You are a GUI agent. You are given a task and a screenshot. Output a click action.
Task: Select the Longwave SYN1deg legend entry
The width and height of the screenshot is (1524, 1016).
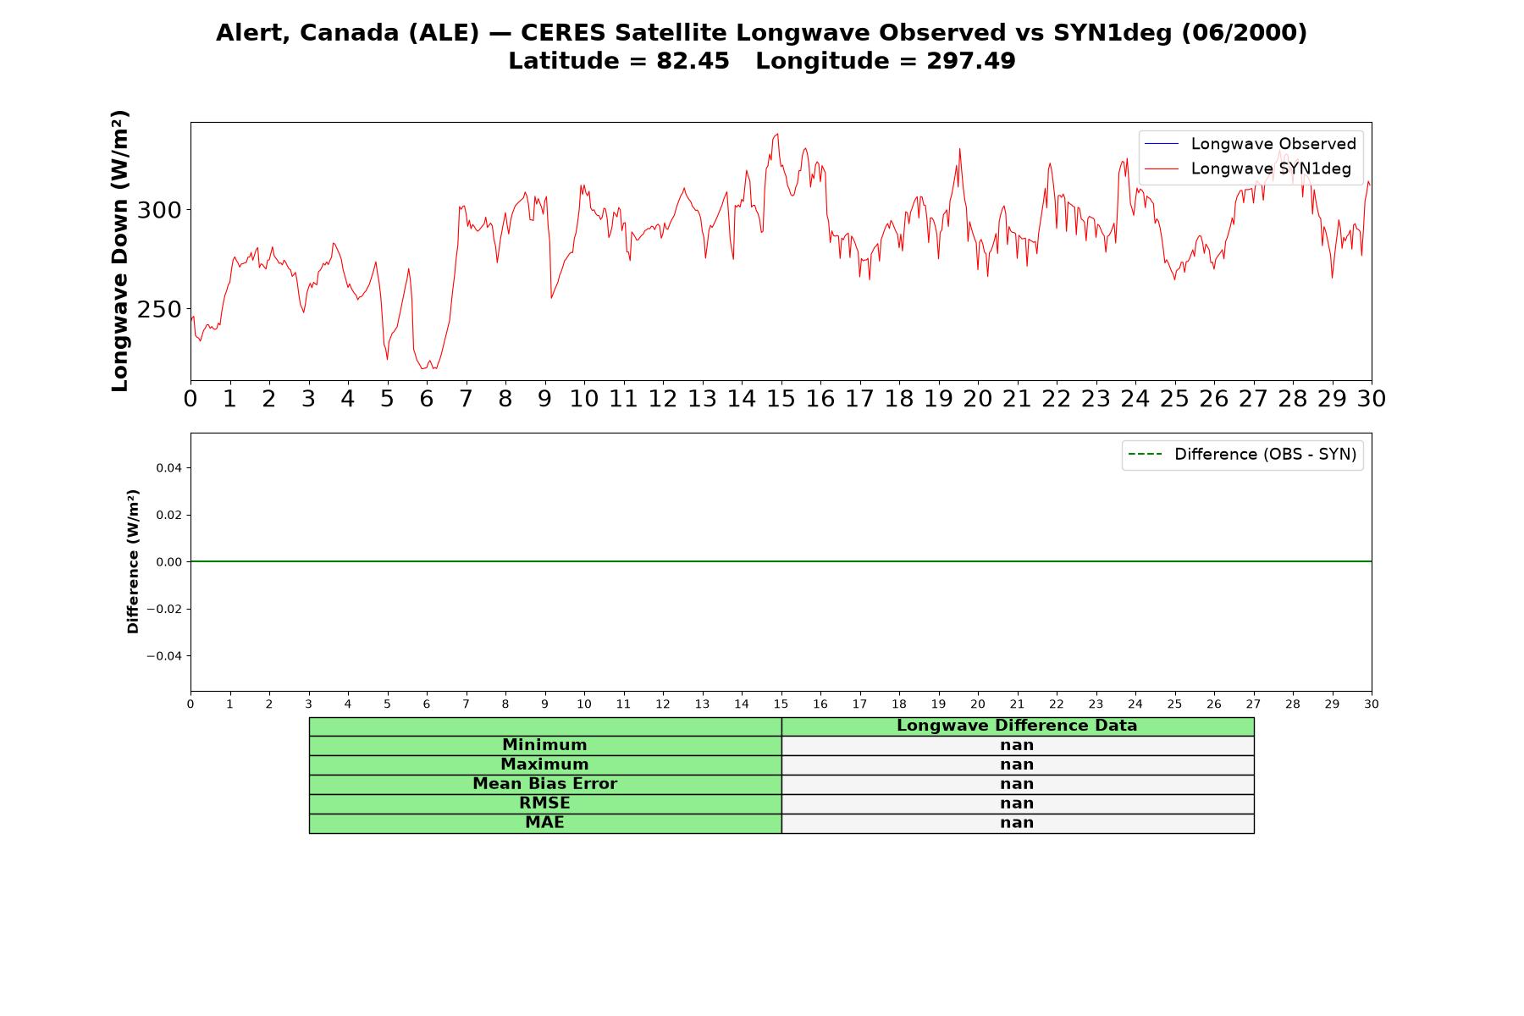1248,168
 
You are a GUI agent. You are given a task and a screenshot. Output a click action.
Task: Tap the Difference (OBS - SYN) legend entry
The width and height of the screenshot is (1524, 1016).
1242,455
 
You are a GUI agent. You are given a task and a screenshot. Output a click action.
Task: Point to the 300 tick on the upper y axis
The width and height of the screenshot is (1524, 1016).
159,210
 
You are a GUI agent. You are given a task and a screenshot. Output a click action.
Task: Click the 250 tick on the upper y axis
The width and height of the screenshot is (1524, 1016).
159,310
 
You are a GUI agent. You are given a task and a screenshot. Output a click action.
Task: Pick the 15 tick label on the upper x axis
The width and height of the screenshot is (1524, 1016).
781,399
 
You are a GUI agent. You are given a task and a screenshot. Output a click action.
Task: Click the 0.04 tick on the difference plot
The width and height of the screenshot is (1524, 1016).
168,468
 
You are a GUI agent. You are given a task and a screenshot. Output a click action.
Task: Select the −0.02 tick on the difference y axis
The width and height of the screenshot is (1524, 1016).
164,610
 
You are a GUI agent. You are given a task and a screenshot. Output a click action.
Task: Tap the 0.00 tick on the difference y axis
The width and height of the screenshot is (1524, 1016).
168,562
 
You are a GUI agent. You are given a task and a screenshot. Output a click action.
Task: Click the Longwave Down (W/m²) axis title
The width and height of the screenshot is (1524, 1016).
119,251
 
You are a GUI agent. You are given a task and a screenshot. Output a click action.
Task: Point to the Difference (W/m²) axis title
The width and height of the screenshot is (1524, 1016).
133,561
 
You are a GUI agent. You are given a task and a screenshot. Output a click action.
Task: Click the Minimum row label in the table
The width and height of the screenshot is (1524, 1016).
544,745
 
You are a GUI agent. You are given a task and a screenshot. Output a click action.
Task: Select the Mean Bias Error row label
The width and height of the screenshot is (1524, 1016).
544,784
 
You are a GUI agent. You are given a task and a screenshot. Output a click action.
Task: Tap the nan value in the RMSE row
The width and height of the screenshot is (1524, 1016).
1017,803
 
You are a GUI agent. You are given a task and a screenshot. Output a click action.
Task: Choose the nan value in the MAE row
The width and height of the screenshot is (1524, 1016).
1017,823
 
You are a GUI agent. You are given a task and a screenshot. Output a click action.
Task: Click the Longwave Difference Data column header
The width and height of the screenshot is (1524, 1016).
1017,726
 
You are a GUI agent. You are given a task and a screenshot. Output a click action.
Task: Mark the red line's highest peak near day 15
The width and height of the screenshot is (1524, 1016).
777,134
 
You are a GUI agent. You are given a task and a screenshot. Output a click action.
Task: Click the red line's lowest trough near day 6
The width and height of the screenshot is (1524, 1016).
422,369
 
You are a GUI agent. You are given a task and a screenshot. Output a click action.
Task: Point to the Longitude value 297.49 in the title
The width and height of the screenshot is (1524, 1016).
970,62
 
